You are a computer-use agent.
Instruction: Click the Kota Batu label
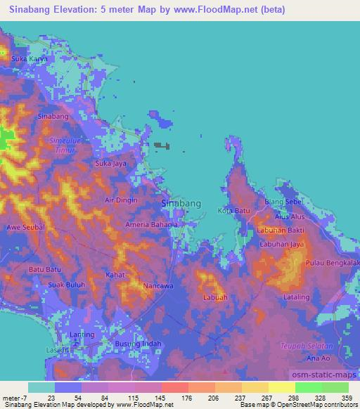[x=233, y=211]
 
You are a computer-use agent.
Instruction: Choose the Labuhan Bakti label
[x=280, y=231]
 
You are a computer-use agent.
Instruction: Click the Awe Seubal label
[x=26, y=228]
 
